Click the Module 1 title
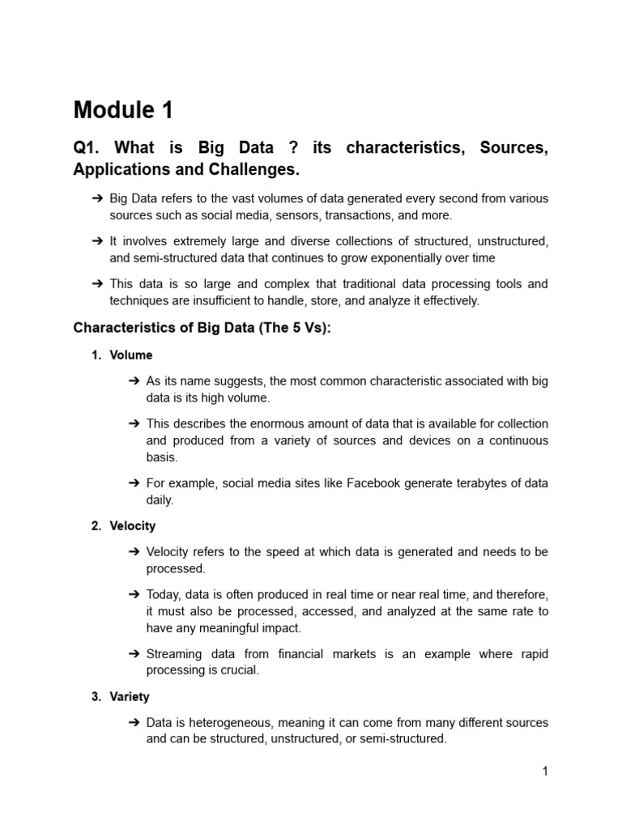point(123,110)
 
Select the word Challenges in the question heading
point(258,169)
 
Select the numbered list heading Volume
point(131,355)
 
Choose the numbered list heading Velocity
point(133,525)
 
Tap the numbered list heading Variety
point(130,696)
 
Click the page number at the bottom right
point(545,772)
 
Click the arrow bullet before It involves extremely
point(97,240)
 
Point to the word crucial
point(238,670)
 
